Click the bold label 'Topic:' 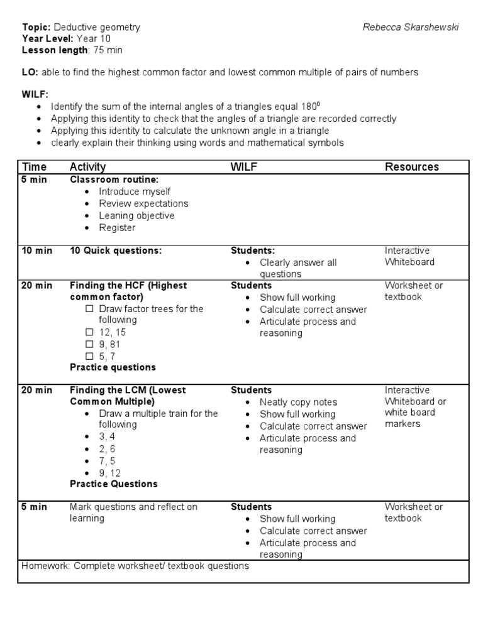(x=36, y=27)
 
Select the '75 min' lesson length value (x=108, y=50)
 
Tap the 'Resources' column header (x=412, y=166)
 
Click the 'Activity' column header (x=87, y=166)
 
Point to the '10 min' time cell (x=37, y=251)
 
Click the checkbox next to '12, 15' (x=89, y=332)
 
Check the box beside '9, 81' (x=89, y=344)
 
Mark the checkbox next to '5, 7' (x=89, y=356)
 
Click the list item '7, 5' (x=108, y=460)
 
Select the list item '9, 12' (x=110, y=472)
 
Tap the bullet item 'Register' (x=117, y=227)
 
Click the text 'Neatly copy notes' (x=298, y=402)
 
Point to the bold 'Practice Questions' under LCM (x=113, y=484)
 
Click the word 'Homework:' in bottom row (x=46, y=566)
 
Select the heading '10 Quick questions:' (x=116, y=251)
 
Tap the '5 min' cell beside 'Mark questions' (x=35, y=507)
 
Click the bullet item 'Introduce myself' (x=135, y=192)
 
